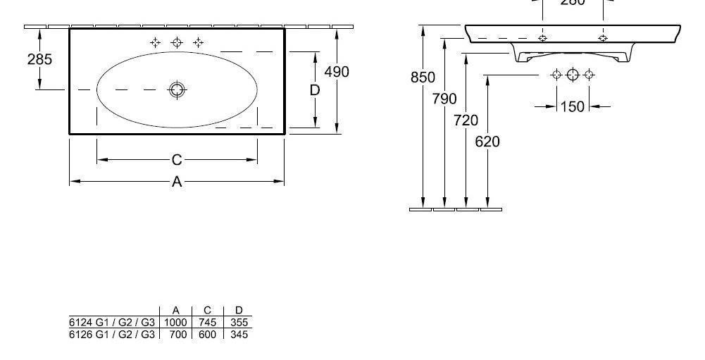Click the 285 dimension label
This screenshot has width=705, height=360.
coord(39,59)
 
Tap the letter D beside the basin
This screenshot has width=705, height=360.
coord(315,90)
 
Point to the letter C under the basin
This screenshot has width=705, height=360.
coord(177,161)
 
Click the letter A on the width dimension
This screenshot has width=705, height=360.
coord(177,182)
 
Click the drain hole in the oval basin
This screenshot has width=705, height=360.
coord(176,89)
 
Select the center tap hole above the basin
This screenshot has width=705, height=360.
coord(177,43)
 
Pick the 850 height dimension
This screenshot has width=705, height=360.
coord(423,77)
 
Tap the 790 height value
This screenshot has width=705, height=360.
coord(444,99)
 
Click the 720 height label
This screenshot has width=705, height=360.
coord(466,120)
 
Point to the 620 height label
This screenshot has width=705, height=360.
coord(487,142)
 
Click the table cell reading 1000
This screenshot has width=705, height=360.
coord(175,323)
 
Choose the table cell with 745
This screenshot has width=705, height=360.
coord(208,323)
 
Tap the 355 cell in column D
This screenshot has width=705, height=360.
coord(239,323)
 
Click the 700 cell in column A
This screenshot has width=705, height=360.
coord(177,334)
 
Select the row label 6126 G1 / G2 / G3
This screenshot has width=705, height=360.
coord(112,334)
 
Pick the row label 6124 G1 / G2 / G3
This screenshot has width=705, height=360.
coord(112,323)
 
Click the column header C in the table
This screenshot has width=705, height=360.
coord(208,311)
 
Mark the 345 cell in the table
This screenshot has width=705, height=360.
coord(239,334)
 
